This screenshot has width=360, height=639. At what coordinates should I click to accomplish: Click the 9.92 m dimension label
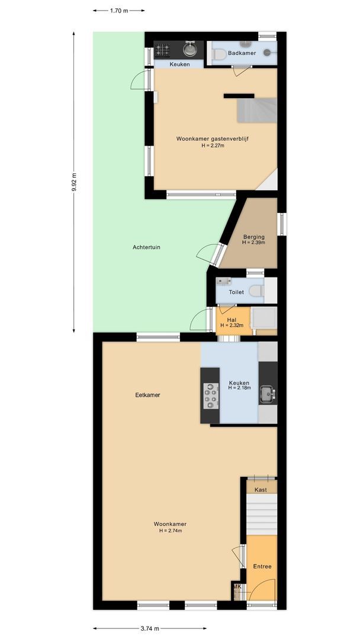tap(74, 182)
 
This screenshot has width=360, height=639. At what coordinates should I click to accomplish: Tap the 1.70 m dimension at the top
tap(119, 10)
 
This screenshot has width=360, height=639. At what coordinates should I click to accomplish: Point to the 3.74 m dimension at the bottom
tap(150, 628)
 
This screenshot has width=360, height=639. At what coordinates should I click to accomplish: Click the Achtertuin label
tap(146, 247)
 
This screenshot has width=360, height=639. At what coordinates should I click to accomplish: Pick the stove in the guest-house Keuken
tap(162, 50)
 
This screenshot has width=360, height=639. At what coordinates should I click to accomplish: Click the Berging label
tap(253, 237)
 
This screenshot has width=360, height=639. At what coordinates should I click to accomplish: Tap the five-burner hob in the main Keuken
tap(210, 395)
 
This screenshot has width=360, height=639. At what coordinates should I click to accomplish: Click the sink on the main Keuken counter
tap(267, 392)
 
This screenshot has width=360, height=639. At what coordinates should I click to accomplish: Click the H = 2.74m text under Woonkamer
tap(171, 531)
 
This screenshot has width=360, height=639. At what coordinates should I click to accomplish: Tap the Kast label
tap(261, 490)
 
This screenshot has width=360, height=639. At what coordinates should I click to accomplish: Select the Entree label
tap(262, 566)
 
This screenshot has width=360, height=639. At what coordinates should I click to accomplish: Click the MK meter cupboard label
tap(237, 587)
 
